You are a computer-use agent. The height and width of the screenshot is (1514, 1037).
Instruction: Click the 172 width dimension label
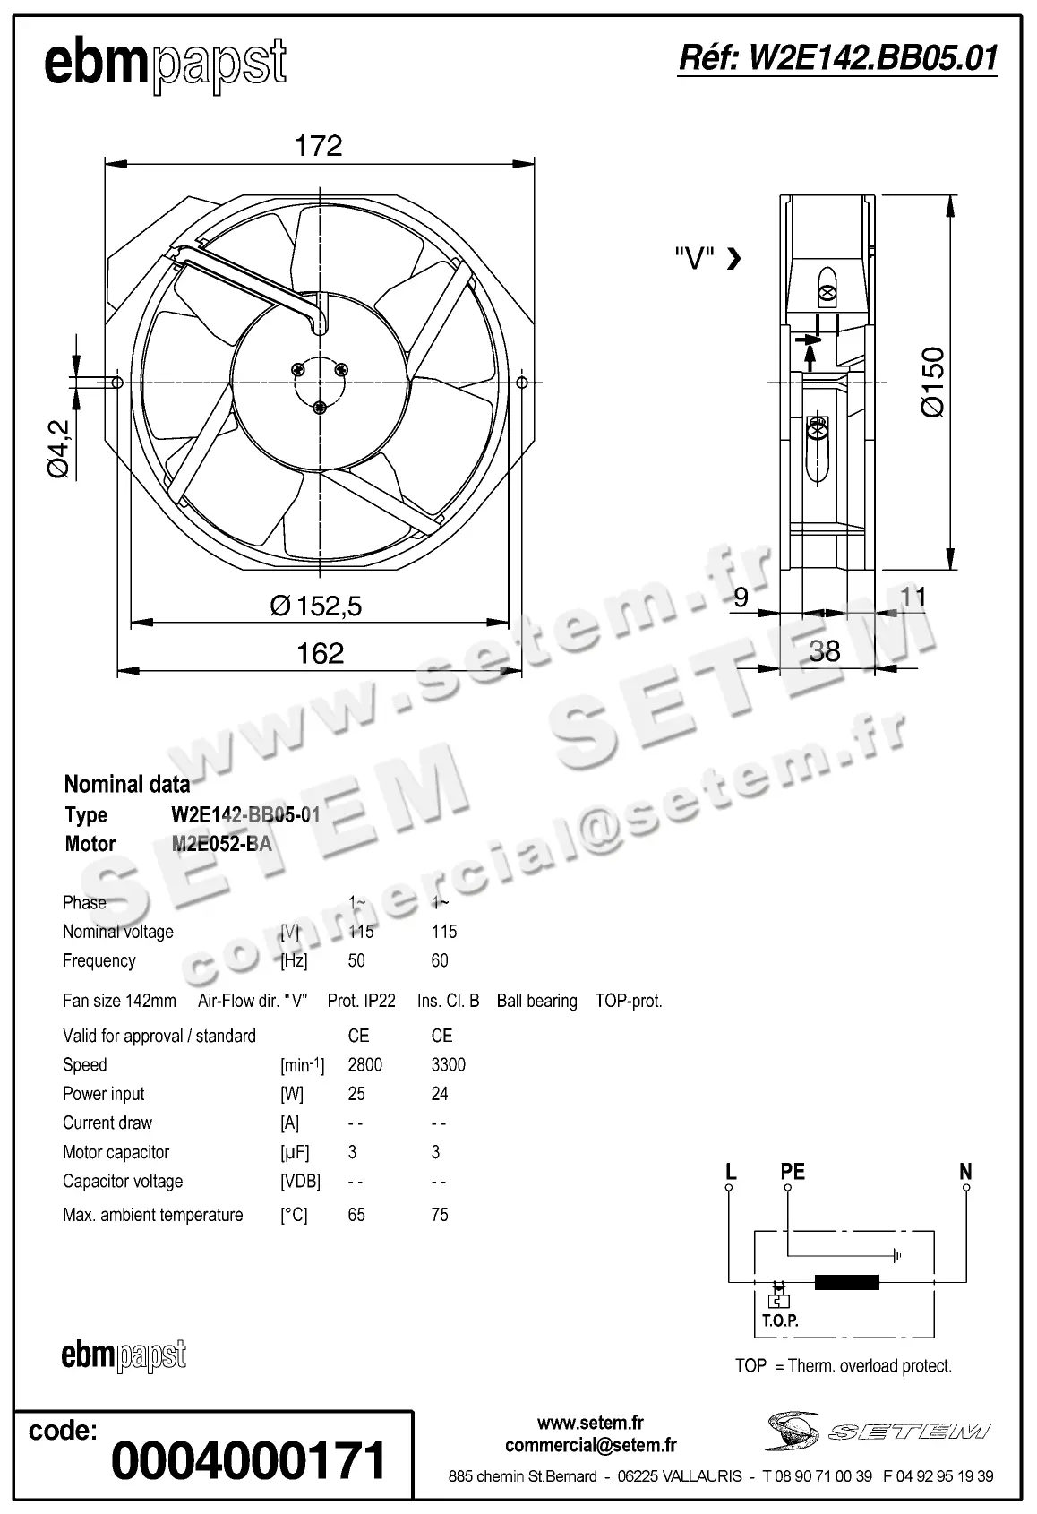click(x=319, y=146)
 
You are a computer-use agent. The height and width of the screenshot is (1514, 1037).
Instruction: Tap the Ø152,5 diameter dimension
click(x=316, y=606)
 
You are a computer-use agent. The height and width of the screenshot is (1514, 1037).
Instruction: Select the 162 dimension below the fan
click(x=320, y=653)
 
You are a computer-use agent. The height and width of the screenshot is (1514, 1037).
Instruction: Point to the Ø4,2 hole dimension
click(x=59, y=448)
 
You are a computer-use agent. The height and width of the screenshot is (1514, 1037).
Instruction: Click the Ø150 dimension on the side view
click(x=932, y=382)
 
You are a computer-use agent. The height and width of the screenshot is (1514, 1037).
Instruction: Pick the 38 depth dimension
click(x=824, y=650)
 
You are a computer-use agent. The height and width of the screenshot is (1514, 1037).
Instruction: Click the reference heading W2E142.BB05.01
click(x=838, y=58)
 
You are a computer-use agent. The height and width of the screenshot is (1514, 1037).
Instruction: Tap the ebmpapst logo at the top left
click(x=166, y=64)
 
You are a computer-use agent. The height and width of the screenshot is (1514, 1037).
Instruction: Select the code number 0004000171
click(x=249, y=1461)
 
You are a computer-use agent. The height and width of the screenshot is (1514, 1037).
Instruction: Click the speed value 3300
click(x=448, y=1064)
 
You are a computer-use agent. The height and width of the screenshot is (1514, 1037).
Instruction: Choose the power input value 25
click(x=357, y=1094)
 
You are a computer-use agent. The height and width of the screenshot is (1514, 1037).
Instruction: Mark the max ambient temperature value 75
click(x=440, y=1215)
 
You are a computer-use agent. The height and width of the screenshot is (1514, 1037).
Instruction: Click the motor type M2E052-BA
click(x=221, y=844)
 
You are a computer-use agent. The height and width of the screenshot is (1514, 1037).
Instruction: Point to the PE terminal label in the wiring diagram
click(x=793, y=1172)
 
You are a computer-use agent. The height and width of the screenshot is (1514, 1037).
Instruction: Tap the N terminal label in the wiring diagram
click(x=965, y=1172)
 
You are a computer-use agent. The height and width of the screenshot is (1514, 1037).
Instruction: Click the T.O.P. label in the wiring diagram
click(x=780, y=1320)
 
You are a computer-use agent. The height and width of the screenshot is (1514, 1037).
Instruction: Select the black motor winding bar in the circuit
click(x=847, y=1282)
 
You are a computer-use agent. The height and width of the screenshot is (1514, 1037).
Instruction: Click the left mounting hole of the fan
click(x=117, y=383)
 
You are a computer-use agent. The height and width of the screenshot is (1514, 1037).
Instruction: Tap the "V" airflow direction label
click(x=694, y=259)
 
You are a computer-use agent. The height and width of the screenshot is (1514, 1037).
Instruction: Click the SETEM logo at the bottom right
click(x=878, y=1431)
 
